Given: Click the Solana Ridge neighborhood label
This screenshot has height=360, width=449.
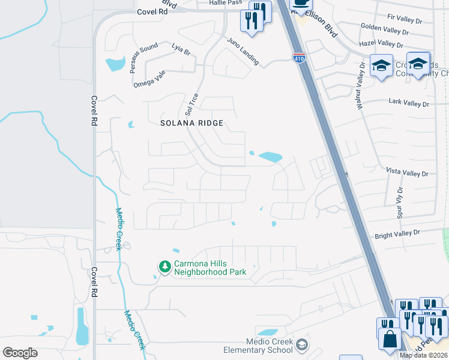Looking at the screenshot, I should (x=192, y=123).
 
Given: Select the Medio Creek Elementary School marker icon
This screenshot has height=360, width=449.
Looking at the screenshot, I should (x=303, y=344).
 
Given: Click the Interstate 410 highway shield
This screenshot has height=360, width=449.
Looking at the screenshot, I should (x=298, y=58).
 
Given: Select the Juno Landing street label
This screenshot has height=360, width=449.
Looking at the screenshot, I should (x=243, y=51).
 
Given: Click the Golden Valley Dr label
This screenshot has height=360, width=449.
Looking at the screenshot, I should (x=385, y=29).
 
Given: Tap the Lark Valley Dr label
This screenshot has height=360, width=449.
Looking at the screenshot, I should (x=409, y=104).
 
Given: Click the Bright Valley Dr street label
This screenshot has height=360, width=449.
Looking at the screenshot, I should (x=397, y=233).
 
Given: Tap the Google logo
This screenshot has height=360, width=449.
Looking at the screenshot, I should (x=20, y=352).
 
